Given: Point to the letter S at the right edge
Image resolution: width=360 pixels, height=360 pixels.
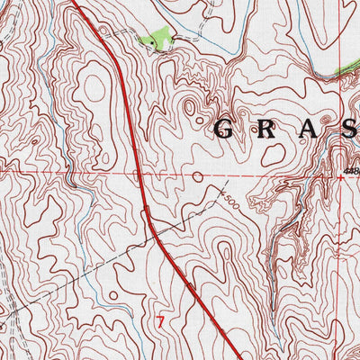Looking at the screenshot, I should (349, 129).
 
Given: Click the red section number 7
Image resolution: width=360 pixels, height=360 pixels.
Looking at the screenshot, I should (161, 319).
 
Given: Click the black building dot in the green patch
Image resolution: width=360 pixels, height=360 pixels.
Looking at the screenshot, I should (161, 45).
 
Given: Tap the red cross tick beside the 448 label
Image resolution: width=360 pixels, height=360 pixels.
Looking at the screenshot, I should (340, 177).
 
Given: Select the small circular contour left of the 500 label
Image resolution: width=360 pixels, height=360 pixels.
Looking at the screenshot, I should (197, 176).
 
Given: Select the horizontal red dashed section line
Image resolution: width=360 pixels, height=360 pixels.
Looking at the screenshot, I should (72, 169).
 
